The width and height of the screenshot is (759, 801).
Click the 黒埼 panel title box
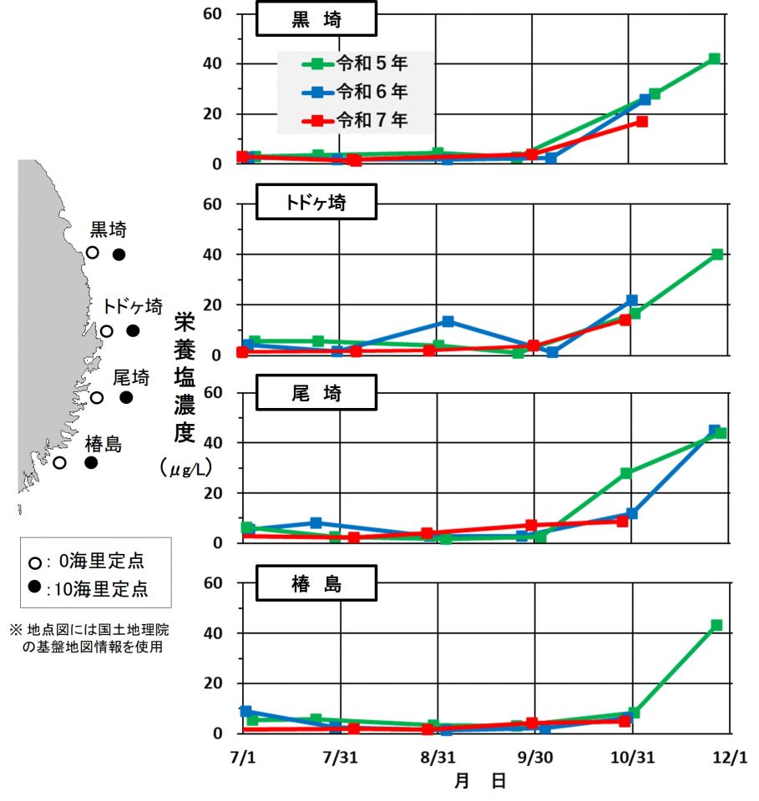[x=316, y=20]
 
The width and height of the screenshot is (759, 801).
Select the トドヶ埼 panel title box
[x=316, y=201]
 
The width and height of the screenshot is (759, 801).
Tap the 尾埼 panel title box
[x=316, y=392]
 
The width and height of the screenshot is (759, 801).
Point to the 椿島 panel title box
[x=316, y=583]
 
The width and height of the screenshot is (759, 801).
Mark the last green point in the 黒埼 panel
[x=714, y=59]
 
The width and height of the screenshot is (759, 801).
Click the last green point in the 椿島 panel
[x=716, y=625]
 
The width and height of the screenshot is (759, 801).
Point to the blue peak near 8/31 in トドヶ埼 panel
[x=448, y=321]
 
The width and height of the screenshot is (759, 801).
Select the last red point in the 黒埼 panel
[x=641, y=122]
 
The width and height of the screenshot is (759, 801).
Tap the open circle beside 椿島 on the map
[x=59, y=462]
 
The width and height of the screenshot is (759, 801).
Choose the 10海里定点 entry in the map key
[x=88, y=588]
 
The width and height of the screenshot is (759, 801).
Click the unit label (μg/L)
[x=185, y=470]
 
